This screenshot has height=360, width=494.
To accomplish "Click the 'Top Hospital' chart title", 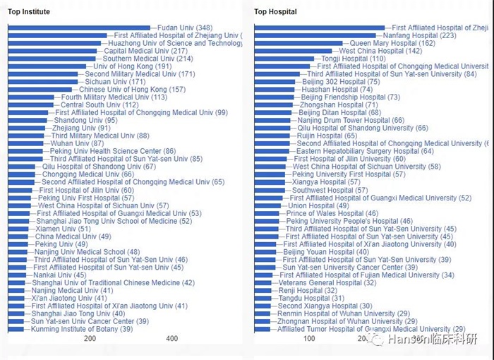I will pos(275,12).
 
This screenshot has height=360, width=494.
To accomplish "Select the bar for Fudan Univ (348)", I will pos(78,28).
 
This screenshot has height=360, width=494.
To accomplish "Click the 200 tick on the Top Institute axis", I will pos(90,339).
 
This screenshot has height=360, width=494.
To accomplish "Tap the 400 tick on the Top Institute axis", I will pos(171,339).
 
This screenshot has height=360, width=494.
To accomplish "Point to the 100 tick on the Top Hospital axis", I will pos(308,339).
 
